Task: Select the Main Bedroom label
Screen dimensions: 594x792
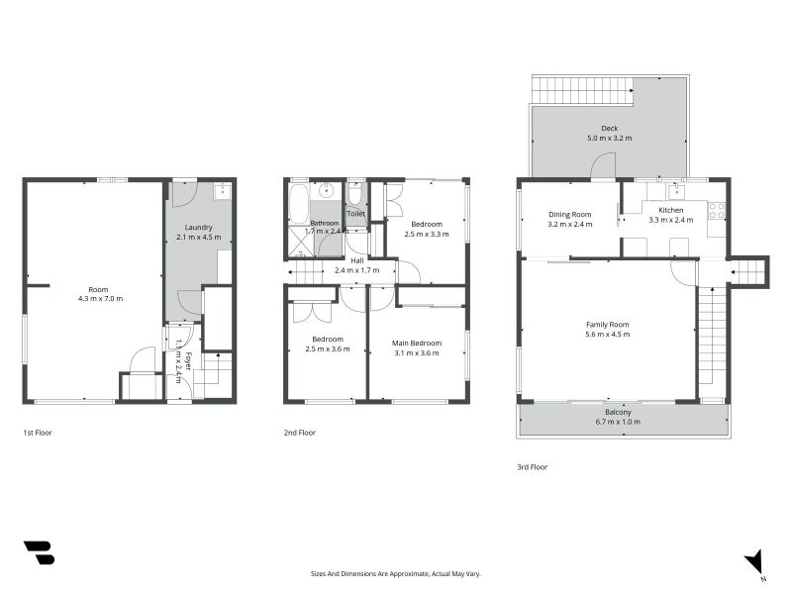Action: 417,343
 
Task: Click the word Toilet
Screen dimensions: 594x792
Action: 355,214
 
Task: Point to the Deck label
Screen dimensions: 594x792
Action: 610,128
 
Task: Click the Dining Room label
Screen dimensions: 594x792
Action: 569,214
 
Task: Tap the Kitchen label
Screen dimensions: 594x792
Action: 671,210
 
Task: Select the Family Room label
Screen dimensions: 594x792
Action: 608,325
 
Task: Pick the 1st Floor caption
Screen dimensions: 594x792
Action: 38,433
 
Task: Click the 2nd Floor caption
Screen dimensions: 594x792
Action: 299,433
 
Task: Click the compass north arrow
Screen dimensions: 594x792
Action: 755,560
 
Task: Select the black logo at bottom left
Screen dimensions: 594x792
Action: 39,552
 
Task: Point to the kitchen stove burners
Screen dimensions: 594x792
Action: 716,210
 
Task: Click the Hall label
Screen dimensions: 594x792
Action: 356,259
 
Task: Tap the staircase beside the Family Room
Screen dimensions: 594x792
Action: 711,342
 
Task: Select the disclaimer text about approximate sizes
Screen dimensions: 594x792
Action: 396,573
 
